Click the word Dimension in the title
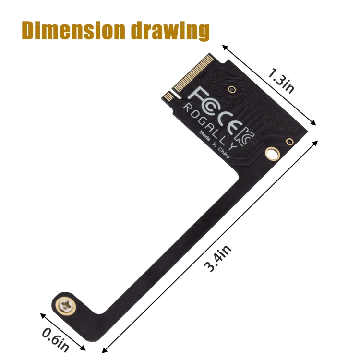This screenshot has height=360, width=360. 73,30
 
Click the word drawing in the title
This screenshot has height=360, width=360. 170,31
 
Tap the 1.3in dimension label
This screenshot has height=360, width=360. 281,81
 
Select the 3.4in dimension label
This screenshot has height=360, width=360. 217,258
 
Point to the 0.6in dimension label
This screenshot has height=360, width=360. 55,340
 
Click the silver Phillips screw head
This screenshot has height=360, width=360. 66,305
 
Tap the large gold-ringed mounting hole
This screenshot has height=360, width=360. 273,154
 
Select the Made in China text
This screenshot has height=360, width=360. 214,144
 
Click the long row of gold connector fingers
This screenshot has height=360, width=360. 194,73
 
